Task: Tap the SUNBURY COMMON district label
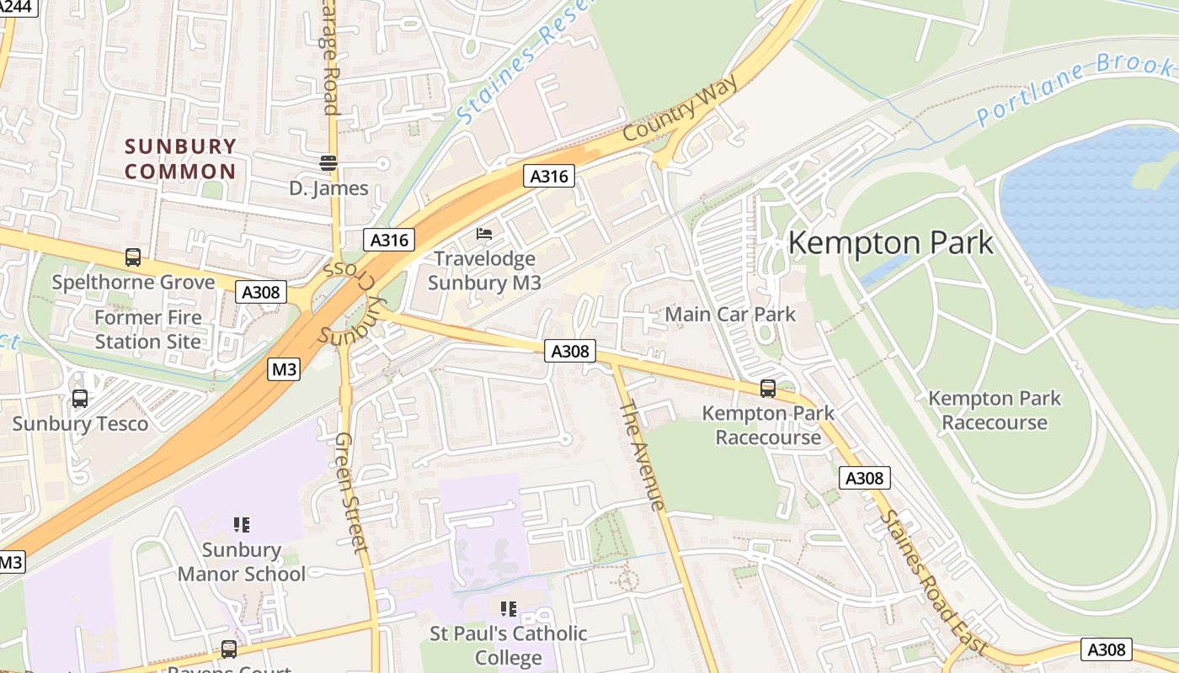pyautogui.click(x=180, y=159)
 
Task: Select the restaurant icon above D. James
pyautogui.click(x=328, y=162)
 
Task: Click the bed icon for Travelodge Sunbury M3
pyautogui.click(x=484, y=233)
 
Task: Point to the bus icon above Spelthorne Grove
pyautogui.click(x=133, y=257)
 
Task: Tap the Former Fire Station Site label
pyautogui.click(x=147, y=330)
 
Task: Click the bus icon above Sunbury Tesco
pyautogui.click(x=80, y=399)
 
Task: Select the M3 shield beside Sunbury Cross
pyautogui.click(x=285, y=368)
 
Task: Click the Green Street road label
pyautogui.click(x=351, y=492)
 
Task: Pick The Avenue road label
pyautogui.click(x=643, y=455)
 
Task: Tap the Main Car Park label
pyautogui.click(x=730, y=315)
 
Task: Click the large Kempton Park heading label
pyautogui.click(x=890, y=243)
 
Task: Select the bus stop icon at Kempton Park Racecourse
pyautogui.click(x=768, y=388)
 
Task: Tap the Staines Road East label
pyautogui.click(x=933, y=581)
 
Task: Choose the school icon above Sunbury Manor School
pyautogui.click(x=242, y=525)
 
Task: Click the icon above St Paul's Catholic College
pyautogui.click(x=508, y=608)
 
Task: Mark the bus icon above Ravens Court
pyautogui.click(x=228, y=649)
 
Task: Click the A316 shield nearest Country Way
pyautogui.click(x=549, y=176)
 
